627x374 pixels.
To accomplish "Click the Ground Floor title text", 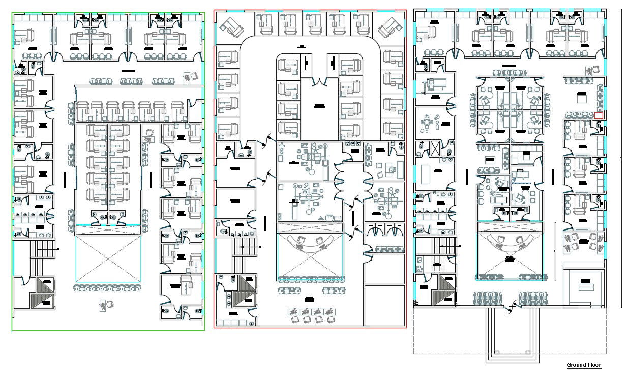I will (x=584, y=365).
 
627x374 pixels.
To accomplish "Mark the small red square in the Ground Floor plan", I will (x=599, y=116).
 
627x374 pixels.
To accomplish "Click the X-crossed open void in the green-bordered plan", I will (x=108, y=259).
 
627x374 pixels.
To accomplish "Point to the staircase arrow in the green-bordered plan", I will (x=59, y=249).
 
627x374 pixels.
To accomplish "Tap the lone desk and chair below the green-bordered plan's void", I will (x=107, y=305).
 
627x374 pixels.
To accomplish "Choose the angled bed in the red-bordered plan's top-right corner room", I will (x=388, y=26).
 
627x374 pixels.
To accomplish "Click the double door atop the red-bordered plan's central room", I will (x=319, y=80).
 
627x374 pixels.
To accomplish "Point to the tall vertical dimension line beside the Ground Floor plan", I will (x=622, y=158).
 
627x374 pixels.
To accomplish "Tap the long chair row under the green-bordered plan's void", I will (x=108, y=288).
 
